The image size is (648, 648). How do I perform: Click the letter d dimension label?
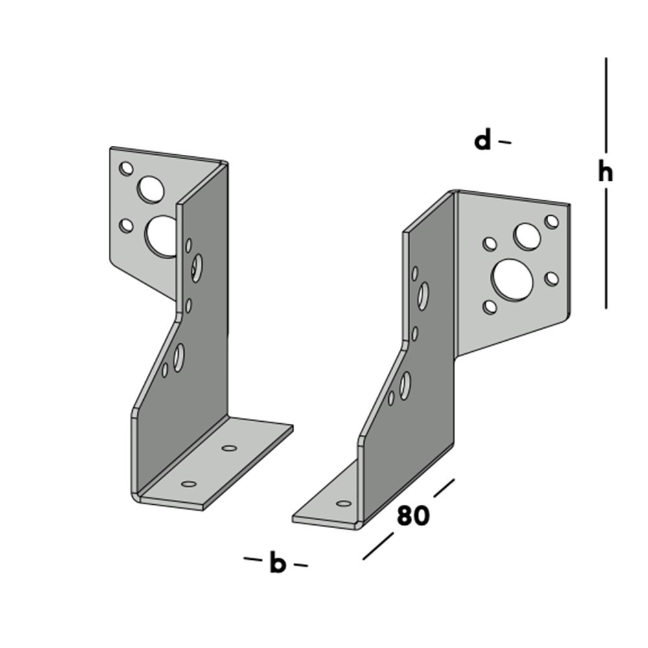pos(483,140)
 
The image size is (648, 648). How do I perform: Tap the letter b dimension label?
pos(277,564)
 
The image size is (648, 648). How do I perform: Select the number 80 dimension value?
pos(413,516)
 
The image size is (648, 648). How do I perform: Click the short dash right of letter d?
pos(505,142)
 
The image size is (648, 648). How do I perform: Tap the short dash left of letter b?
pos(252,559)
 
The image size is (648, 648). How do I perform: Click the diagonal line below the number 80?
pos(378,546)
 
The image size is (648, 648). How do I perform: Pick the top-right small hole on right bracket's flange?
pos(551,222)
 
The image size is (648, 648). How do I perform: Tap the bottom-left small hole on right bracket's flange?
pos(491,307)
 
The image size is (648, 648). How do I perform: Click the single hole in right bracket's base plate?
pos(344,503)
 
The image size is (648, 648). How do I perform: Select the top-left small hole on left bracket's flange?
pos(126,168)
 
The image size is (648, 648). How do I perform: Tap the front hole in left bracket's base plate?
pos(189,483)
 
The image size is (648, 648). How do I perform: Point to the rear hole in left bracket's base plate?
pos(229,448)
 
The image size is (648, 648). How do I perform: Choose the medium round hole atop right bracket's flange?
pos(527,237)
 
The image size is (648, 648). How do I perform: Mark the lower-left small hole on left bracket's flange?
pos(127,226)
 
